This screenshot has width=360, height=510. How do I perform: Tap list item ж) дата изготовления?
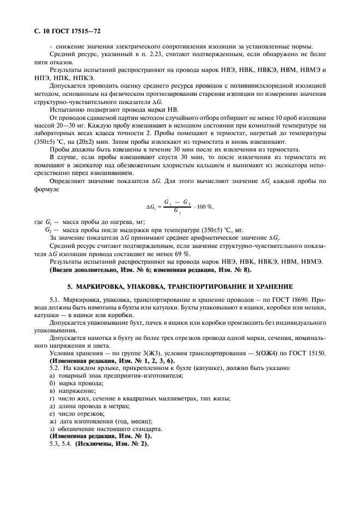(101, 421)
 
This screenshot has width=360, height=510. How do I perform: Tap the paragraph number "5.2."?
(54, 369)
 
